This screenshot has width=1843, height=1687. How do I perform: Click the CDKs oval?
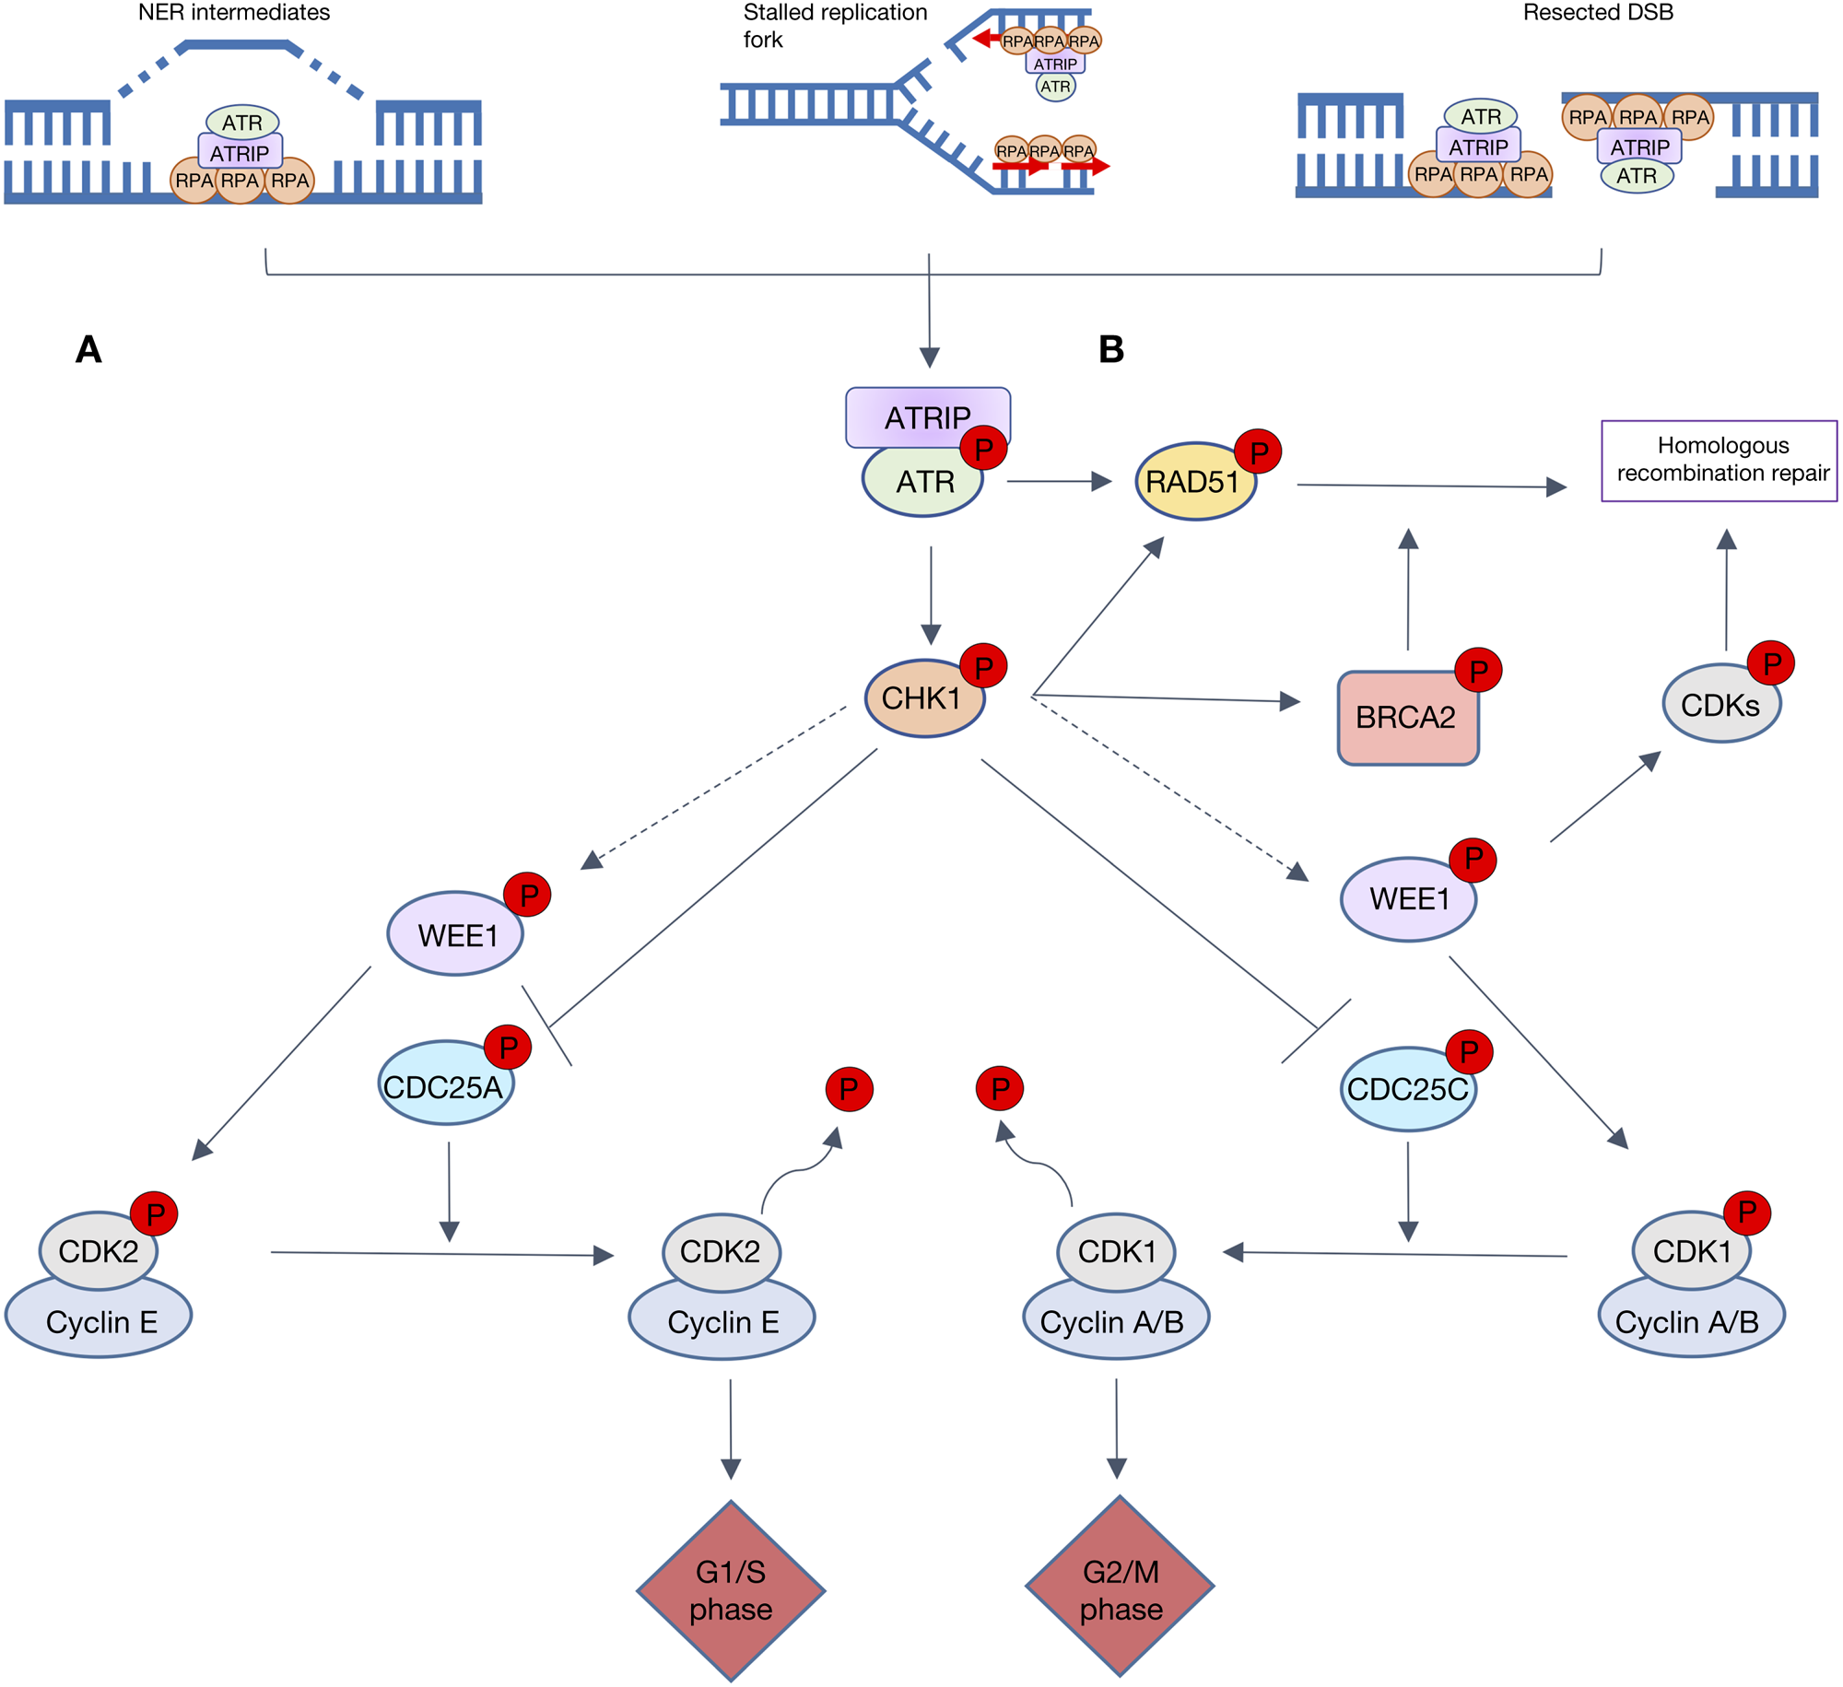pyautogui.click(x=1720, y=705)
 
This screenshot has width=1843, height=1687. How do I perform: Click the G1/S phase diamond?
pyautogui.click(x=731, y=1590)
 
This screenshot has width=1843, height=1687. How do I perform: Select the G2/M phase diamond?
pyautogui.click(x=1120, y=1587)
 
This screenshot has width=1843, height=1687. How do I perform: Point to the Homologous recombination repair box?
pyautogui.click(x=1719, y=461)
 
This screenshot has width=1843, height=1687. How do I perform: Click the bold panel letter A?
pyautogui.click(x=88, y=349)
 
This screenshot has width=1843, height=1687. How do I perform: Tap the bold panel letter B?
pyautogui.click(x=1111, y=349)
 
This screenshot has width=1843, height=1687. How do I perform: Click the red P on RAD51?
pyautogui.click(x=1258, y=451)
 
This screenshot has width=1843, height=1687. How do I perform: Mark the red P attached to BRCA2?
pyautogui.click(x=1478, y=671)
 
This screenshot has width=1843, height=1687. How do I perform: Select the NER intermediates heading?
pyautogui.click(x=234, y=13)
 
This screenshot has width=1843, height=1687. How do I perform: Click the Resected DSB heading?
pyautogui.click(x=1598, y=13)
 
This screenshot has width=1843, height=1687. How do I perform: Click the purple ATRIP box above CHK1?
pyautogui.click(x=927, y=416)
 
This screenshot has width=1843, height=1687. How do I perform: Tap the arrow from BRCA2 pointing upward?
pyautogui.click(x=1408, y=590)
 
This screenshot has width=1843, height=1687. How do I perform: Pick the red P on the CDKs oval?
pyautogui.click(x=1771, y=663)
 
